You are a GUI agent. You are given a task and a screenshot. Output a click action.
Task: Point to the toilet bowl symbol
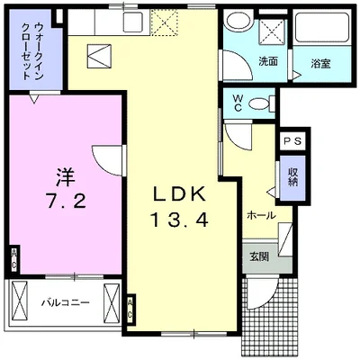260,103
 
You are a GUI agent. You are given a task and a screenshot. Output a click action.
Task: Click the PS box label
293,142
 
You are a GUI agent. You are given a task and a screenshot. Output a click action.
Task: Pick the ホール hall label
260,216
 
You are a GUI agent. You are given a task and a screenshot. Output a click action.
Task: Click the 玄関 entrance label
258,255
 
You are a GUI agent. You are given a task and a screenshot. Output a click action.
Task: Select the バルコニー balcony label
65,302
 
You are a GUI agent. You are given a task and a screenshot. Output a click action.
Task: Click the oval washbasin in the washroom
238,22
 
